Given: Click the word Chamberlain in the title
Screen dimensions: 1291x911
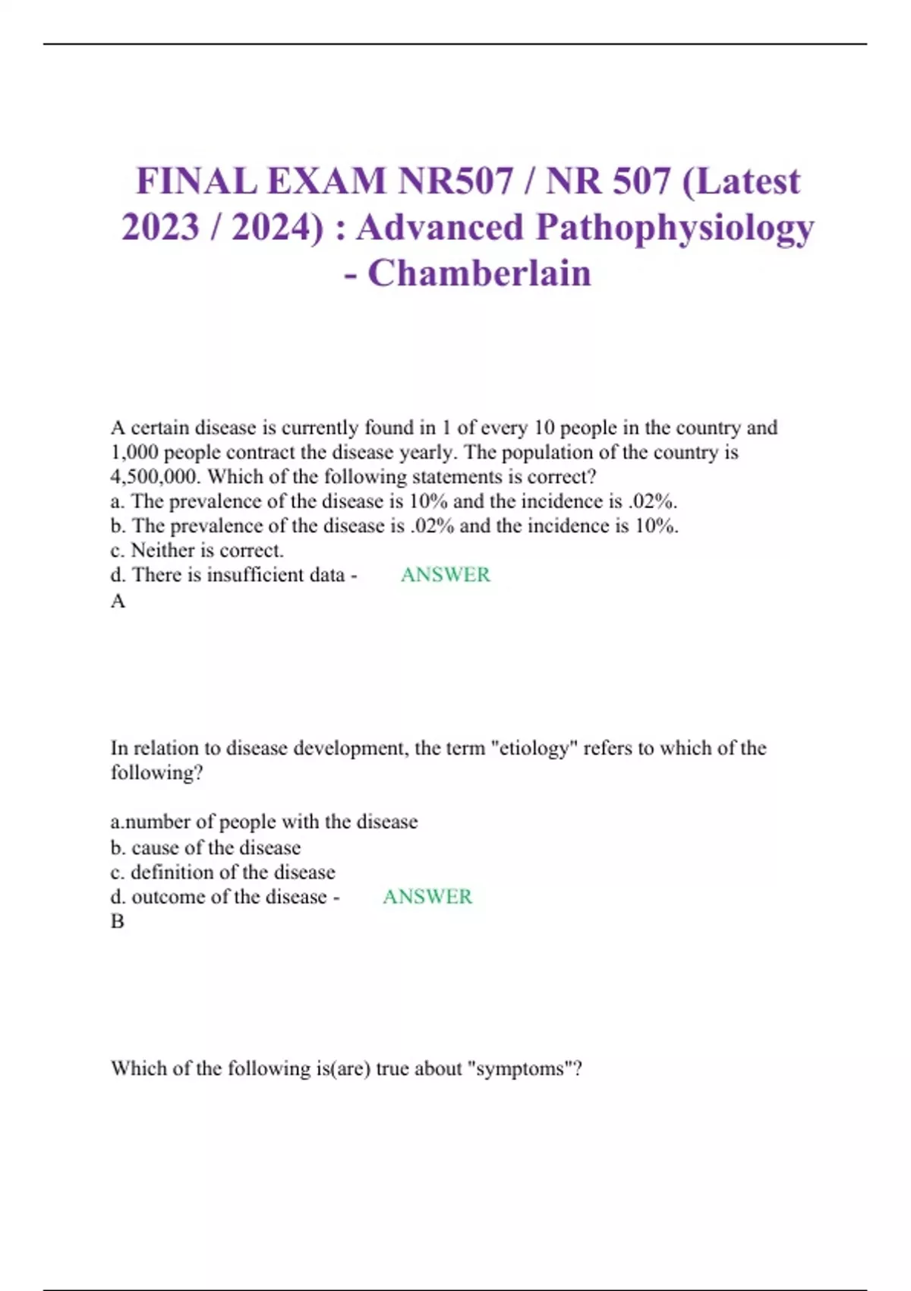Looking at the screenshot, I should (x=479, y=273).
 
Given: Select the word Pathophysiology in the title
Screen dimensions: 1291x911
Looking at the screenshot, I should (x=675, y=228).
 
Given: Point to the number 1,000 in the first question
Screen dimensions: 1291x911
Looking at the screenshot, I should (x=134, y=453).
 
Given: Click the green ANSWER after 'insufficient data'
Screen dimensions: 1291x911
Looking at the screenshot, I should (x=445, y=575).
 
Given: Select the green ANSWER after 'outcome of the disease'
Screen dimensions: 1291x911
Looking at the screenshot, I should (x=427, y=897).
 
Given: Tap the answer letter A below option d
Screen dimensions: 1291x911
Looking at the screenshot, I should (x=118, y=601).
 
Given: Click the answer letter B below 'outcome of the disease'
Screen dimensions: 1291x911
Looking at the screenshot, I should (x=117, y=921).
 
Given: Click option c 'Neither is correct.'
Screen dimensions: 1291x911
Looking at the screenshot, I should (x=197, y=551).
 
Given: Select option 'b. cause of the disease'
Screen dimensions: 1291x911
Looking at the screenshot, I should (x=206, y=848).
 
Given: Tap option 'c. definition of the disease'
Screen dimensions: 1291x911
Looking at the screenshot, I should (x=223, y=873).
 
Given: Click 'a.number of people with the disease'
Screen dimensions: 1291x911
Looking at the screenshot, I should (x=264, y=822).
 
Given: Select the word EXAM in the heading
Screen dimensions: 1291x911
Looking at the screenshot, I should (x=326, y=181).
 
